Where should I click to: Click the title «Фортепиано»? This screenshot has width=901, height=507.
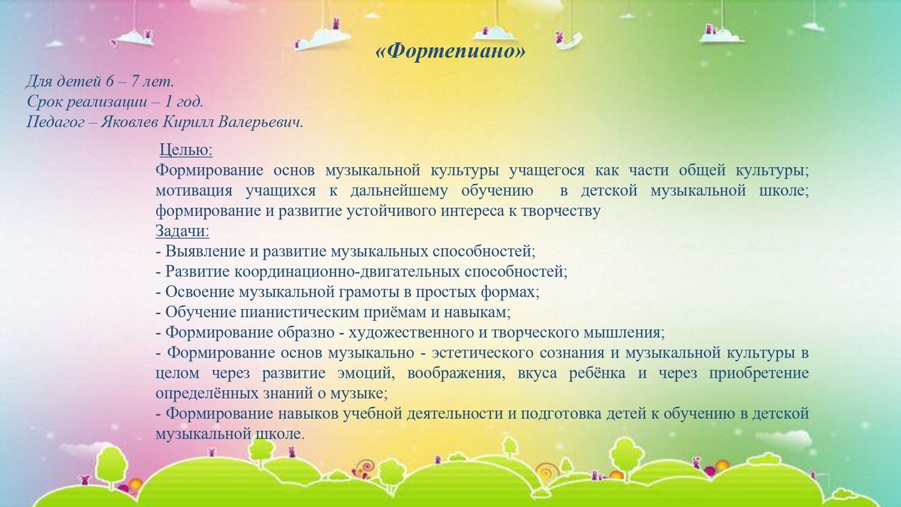[450, 51]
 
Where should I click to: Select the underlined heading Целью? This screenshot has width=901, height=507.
[186, 150]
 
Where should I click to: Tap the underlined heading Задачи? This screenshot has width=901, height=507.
[182, 231]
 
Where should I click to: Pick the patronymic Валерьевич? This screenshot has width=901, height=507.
[260, 121]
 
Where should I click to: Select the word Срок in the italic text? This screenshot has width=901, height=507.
[44, 102]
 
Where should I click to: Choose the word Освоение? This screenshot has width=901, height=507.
[200, 292]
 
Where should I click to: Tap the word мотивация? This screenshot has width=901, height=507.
[194, 190]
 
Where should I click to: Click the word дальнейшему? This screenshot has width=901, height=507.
[399, 190]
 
